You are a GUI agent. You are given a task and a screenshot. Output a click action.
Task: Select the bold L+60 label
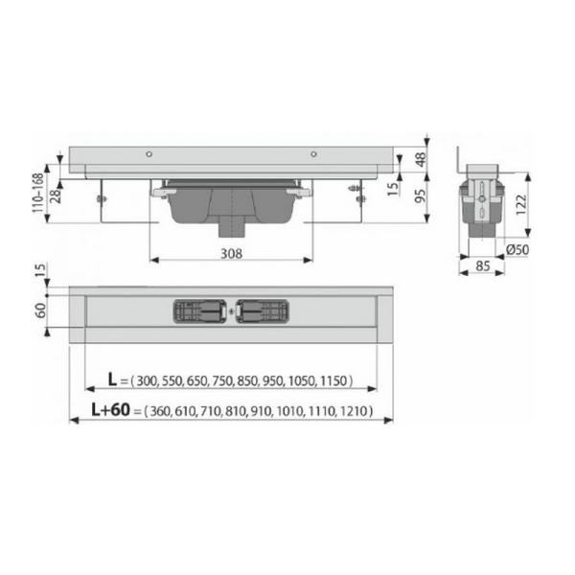[108, 412]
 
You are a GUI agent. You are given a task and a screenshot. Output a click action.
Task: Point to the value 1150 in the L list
[334, 381]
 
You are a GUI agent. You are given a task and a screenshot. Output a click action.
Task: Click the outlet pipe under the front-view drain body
[232, 229]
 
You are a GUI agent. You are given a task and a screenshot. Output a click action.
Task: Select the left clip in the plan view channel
[200, 311]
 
